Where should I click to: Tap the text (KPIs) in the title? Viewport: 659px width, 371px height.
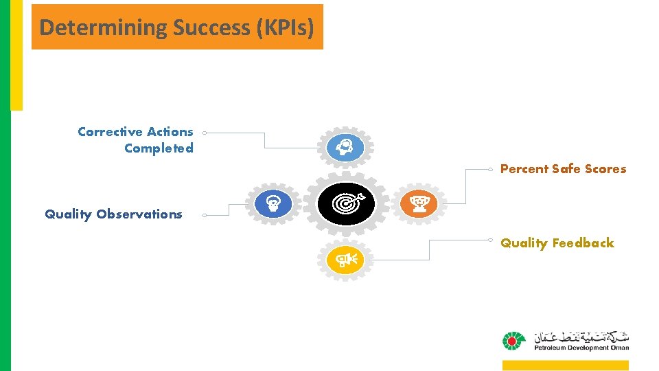[294, 27]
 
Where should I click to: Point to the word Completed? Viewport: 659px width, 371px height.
[159, 148]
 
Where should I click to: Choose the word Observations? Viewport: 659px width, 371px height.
[139, 214]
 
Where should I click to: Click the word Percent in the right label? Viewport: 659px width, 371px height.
[524, 168]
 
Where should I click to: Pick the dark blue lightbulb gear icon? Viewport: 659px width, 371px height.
[273, 203]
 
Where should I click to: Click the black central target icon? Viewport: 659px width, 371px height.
[347, 204]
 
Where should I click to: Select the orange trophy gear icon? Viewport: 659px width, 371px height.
[419, 203]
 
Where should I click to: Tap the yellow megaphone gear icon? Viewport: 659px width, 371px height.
[345, 259]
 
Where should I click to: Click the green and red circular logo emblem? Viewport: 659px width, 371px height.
[512, 341]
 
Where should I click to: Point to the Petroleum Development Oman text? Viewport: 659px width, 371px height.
[581, 348]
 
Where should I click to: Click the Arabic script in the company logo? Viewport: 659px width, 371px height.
[581, 337]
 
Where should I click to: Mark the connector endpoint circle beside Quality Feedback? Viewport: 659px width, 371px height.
[490, 240]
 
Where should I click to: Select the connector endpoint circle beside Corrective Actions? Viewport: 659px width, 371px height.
[205, 133]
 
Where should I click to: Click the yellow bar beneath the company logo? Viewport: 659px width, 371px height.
[565, 365]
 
